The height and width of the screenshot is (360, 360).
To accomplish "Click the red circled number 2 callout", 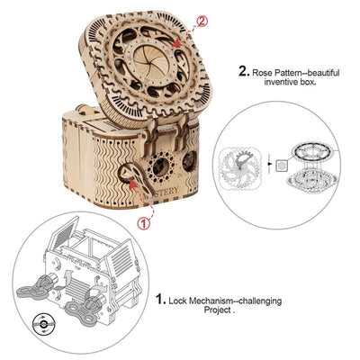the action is [x=202, y=22].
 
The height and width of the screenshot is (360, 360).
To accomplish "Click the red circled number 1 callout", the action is [x=143, y=223].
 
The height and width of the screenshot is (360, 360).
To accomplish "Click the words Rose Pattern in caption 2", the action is [x=277, y=73].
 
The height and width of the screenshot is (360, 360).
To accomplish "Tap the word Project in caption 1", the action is [x=218, y=310].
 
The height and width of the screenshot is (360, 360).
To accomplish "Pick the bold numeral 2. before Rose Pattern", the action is [x=244, y=72].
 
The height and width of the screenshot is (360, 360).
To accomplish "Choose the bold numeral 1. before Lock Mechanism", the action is [x=160, y=299].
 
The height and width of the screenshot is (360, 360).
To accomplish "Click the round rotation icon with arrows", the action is [x=43, y=324].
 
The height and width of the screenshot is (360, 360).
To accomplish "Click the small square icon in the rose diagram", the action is [x=282, y=166].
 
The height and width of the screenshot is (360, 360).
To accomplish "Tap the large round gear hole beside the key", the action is [x=161, y=167].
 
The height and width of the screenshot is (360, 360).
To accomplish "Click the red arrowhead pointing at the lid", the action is [x=177, y=44].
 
